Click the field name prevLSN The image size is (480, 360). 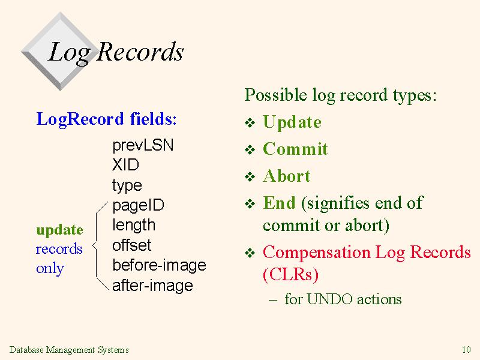click(x=143, y=145)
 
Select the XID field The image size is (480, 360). click(x=125, y=164)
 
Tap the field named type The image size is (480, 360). click(x=127, y=185)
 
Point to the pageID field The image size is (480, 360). click(x=139, y=205)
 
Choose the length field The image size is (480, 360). click(x=134, y=226)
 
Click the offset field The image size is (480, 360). click(x=132, y=245)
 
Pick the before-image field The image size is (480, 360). click(x=159, y=265)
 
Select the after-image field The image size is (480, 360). click(x=153, y=286)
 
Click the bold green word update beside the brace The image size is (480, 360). click(x=59, y=230)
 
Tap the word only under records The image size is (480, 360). click(x=50, y=268)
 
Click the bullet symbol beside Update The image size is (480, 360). click(x=250, y=123)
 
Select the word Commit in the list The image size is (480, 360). click(x=295, y=149)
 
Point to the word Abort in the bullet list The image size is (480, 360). click(x=287, y=176)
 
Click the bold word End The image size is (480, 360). click(x=279, y=203)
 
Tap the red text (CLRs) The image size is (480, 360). click(x=291, y=274)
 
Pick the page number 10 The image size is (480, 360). click(x=466, y=350)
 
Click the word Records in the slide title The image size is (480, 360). click(x=140, y=52)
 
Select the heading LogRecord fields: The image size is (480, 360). click(x=107, y=119)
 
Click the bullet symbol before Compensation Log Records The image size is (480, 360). click(x=250, y=253)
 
